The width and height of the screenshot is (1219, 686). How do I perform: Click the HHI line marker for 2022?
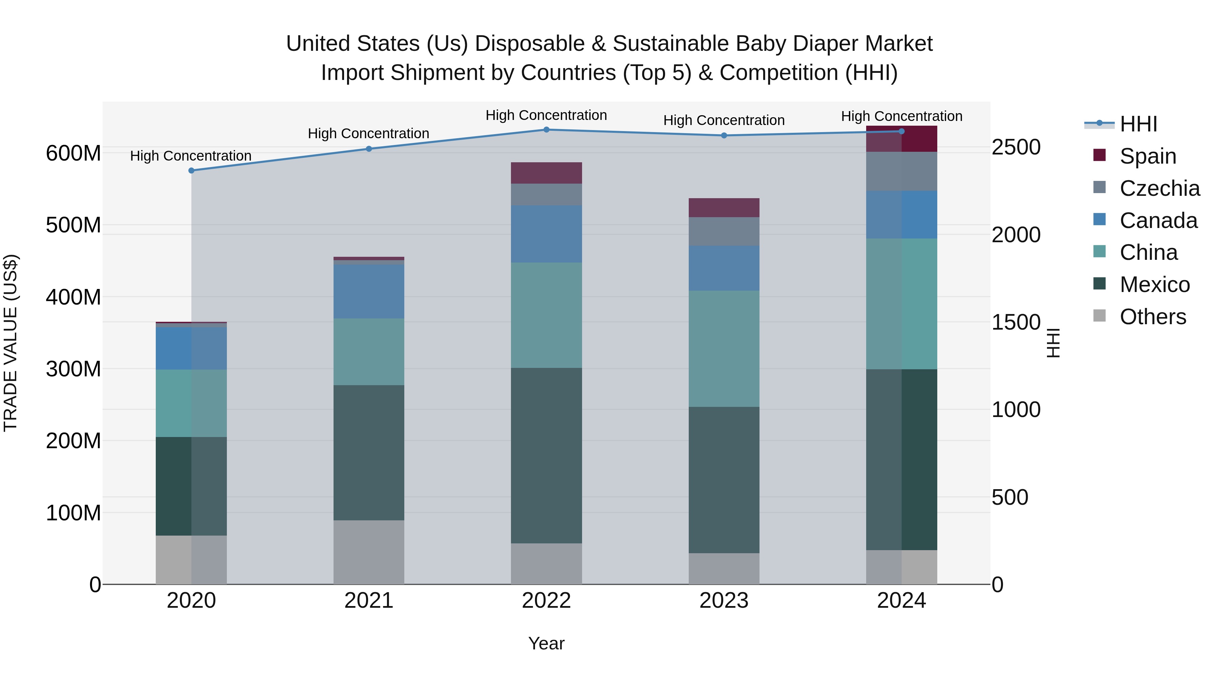point(546,130)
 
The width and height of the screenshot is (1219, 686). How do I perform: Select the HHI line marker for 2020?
point(191,170)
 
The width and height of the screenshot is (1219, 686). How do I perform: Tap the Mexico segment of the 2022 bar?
point(546,455)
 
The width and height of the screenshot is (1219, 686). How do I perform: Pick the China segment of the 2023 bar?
point(724,349)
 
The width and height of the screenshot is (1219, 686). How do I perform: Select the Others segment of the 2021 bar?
point(369,552)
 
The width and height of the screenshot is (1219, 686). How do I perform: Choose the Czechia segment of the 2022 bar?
point(546,194)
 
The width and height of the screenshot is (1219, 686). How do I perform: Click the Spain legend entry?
point(1147,156)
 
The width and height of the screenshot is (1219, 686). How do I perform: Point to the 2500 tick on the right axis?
point(1015,147)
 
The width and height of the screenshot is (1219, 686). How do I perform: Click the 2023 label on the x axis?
point(724,601)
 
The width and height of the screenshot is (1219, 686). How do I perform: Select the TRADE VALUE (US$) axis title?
point(10,343)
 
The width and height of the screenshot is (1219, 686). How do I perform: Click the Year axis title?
point(546,643)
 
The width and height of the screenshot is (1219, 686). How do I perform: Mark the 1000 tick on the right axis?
point(1015,410)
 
